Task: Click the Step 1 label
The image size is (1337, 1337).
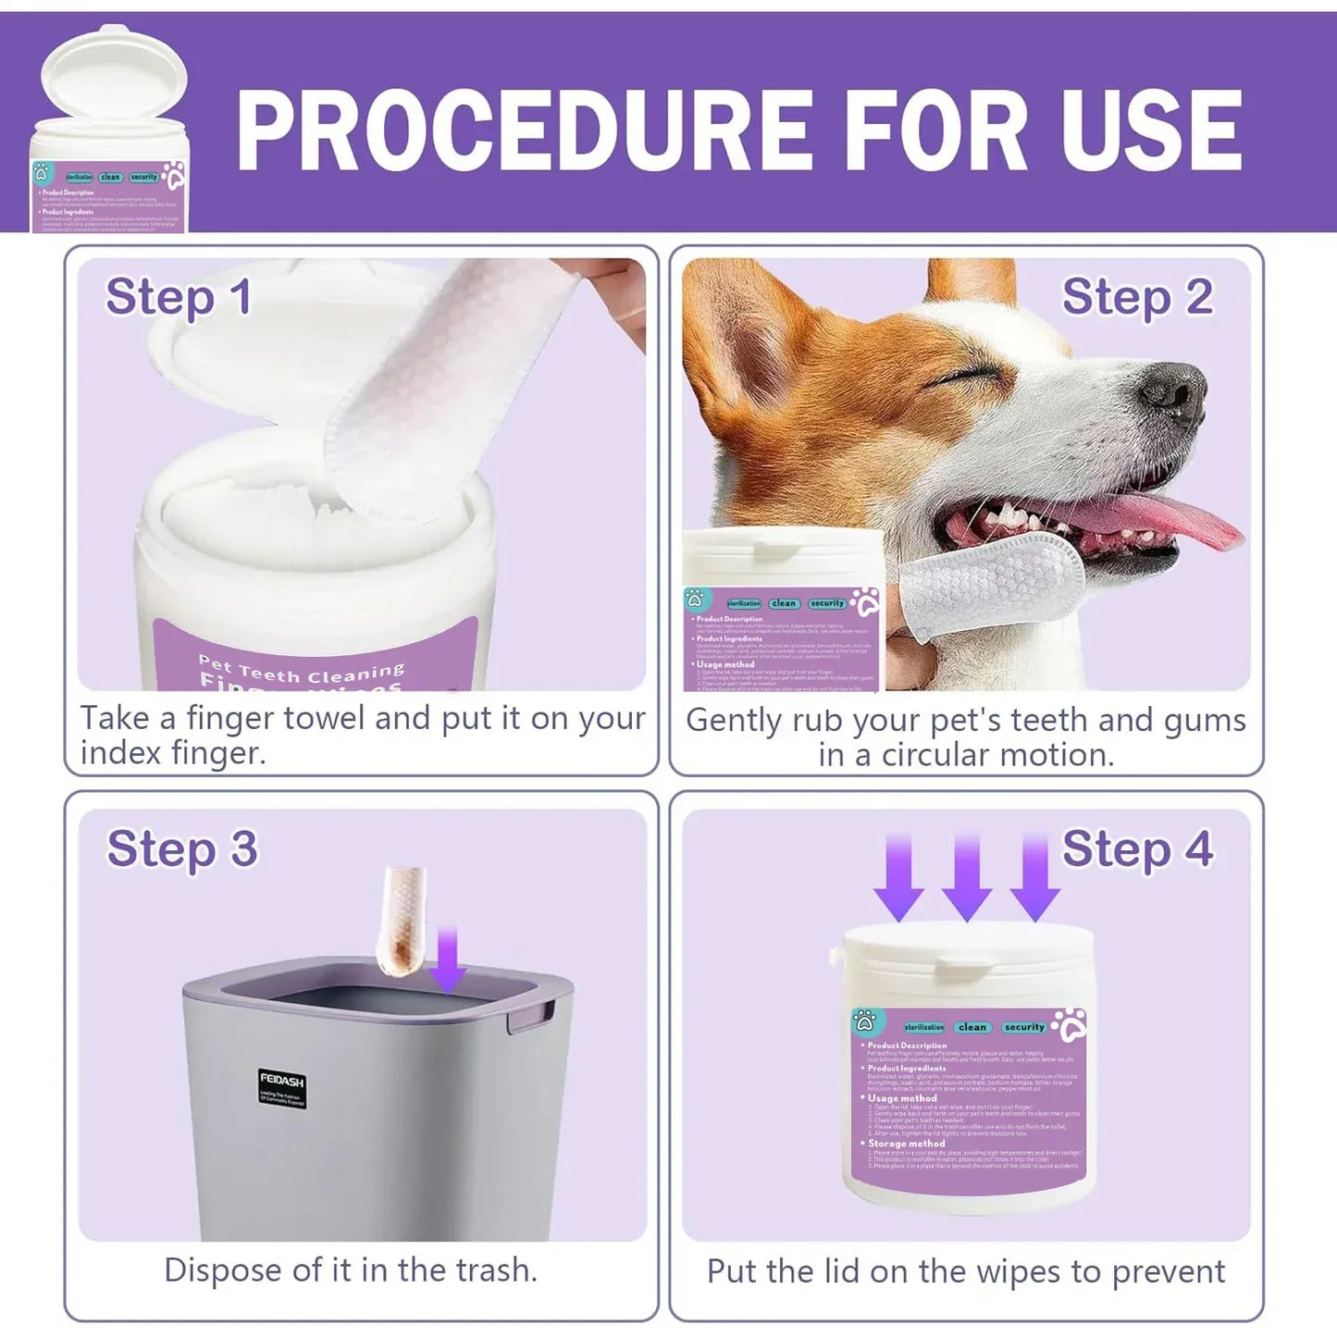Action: [x=179, y=298]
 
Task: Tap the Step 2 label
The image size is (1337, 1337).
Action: [x=1137, y=298]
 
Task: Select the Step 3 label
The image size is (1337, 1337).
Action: [x=181, y=849]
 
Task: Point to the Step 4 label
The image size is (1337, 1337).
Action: [x=1137, y=849]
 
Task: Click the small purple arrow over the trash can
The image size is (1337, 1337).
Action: [x=449, y=958]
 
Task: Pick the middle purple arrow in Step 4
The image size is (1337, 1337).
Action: [x=967, y=874]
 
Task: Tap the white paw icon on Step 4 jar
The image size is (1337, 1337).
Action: [x=1070, y=1025]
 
